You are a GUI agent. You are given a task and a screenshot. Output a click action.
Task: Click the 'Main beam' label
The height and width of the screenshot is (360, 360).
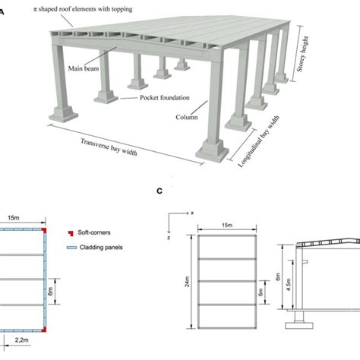84,68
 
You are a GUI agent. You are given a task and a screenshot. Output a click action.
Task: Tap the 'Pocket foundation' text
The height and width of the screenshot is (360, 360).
165,98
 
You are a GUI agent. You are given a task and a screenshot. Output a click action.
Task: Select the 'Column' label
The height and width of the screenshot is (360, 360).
187,117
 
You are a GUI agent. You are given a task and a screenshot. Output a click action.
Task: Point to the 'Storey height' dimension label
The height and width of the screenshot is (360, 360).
302,54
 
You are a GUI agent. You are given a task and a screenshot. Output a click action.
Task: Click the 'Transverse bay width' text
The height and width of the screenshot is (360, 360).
109,147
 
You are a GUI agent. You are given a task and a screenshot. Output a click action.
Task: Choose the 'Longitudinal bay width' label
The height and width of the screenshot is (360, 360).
259,141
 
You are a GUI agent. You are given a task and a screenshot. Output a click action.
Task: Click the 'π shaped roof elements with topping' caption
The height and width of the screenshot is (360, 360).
83,9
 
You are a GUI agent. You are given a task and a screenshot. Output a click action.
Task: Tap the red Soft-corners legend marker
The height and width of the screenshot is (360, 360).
71,233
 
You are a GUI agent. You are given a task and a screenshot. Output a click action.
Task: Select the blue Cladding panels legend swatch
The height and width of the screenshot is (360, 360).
71,248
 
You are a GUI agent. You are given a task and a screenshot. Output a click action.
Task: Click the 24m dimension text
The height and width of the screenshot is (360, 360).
187,282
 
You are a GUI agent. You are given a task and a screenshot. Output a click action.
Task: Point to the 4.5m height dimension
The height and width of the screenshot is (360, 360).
289,284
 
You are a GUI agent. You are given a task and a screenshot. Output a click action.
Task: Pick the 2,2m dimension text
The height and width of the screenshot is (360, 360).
22,340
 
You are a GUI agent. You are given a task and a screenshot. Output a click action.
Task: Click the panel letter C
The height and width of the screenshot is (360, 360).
159,191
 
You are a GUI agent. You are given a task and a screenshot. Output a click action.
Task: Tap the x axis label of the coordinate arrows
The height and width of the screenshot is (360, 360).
192,213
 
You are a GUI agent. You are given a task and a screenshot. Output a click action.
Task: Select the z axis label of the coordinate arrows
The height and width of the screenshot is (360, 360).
169,238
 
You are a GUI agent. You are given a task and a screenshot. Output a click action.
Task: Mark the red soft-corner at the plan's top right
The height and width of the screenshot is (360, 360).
44,230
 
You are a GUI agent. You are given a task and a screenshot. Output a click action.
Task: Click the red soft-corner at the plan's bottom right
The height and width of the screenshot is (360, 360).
44,330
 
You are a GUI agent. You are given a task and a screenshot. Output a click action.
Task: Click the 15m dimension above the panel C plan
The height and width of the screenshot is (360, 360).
227,225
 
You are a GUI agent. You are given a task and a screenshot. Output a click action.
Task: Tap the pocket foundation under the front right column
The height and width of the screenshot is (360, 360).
212,151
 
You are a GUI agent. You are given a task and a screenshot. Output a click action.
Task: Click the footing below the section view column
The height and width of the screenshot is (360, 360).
299,326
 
